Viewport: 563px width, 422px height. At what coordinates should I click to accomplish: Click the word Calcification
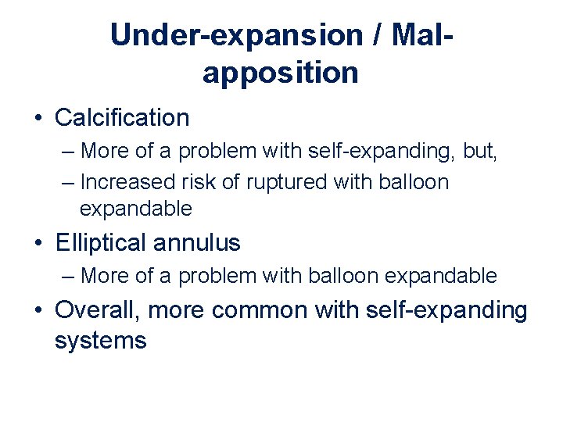[x=122, y=118]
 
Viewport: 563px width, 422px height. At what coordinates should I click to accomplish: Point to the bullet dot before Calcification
[x=38, y=119]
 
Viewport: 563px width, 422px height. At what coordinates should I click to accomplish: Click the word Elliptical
[x=101, y=243]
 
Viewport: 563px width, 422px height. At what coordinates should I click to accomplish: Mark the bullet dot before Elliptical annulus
[x=38, y=244]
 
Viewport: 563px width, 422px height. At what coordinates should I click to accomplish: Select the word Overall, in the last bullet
[x=98, y=310]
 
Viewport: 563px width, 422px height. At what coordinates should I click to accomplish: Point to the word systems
[x=101, y=341]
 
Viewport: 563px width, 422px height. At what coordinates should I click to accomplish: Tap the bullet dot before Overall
[x=38, y=311]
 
